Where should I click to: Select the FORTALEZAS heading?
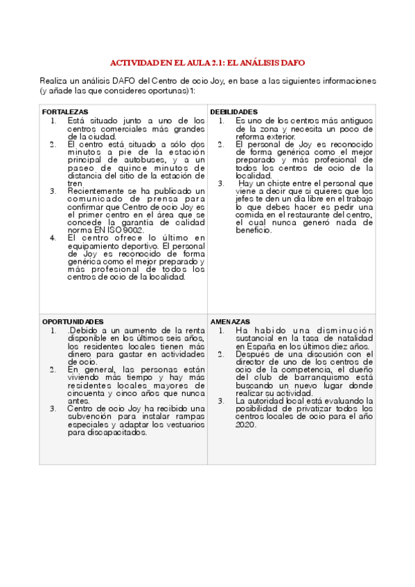click(x=65, y=111)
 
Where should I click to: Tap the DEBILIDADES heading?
click(x=234, y=111)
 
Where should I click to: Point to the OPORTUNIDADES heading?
click(x=73, y=322)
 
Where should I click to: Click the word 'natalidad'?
click(x=351, y=338)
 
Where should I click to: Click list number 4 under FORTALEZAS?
click(x=53, y=237)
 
